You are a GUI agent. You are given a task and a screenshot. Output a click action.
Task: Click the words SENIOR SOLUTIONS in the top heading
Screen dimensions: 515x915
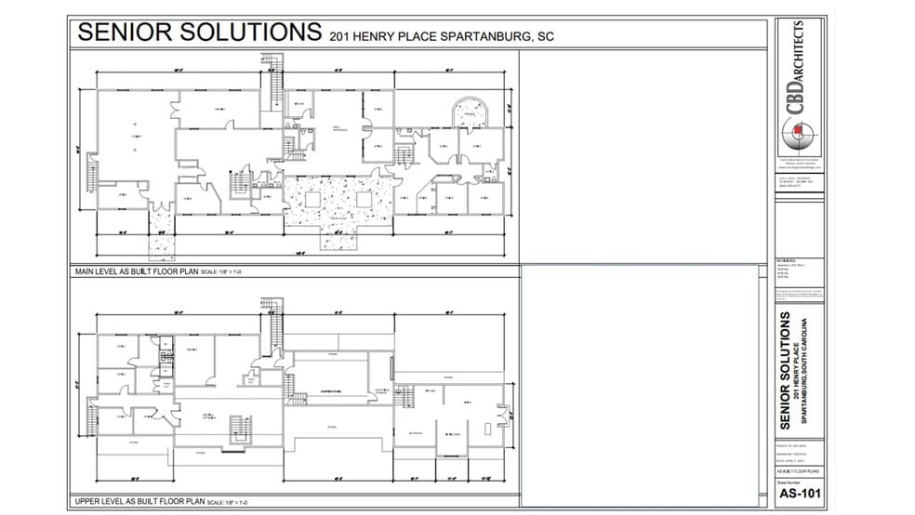[x=199, y=33]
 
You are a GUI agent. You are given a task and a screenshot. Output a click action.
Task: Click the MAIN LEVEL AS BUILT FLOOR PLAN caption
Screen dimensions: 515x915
[x=136, y=271]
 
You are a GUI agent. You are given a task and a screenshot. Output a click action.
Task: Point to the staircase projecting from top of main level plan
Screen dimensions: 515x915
[x=272, y=79]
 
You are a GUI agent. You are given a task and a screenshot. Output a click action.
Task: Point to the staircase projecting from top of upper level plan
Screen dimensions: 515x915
[x=272, y=316]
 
